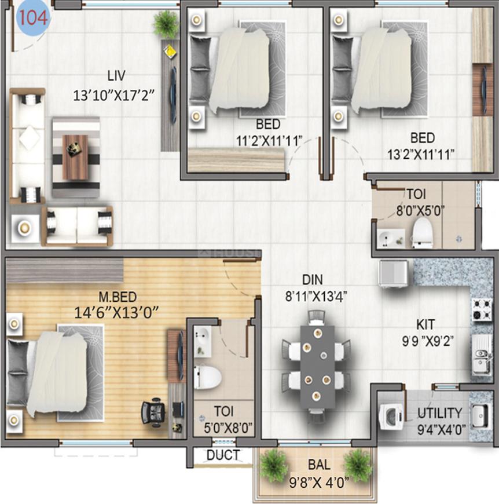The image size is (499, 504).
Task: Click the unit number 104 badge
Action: [33, 18]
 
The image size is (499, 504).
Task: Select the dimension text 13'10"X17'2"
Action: [113, 95]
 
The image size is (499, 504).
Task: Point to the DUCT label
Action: [223, 455]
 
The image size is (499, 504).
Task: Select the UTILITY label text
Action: [440, 413]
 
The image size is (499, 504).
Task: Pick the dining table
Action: [317, 365]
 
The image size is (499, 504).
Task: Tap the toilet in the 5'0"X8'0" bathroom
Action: [207, 376]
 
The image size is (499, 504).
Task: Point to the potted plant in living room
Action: [166, 24]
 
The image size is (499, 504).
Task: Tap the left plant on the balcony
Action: [273, 465]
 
